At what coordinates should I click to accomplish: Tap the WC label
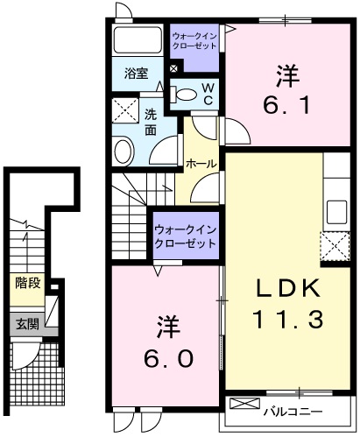tap(208, 94)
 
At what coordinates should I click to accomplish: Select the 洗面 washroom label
tap(151, 122)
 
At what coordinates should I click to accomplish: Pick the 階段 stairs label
tap(27, 284)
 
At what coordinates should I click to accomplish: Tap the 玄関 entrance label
tap(27, 323)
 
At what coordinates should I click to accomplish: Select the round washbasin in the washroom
tap(123, 149)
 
